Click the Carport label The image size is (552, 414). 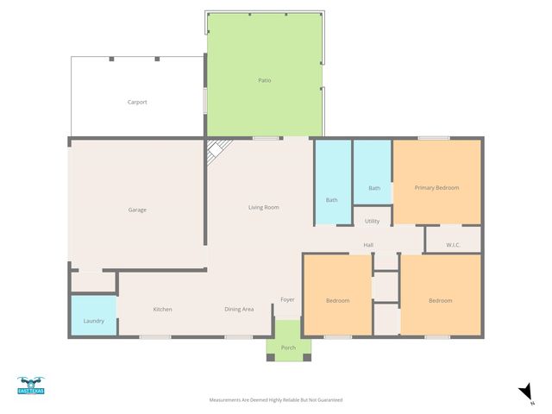(137, 102)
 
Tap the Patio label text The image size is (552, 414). (265, 80)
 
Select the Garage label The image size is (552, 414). (137, 210)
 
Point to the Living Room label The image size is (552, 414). (263, 207)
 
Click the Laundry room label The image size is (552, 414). (93, 321)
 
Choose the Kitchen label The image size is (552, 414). (163, 309)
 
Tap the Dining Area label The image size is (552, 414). (239, 309)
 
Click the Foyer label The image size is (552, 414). (287, 300)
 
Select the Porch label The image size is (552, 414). (288, 348)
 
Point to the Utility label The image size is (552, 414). (372, 221)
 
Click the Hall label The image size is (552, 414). (368, 246)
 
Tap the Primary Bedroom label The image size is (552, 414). (436, 187)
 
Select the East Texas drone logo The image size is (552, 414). (30, 386)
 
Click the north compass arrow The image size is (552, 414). (525, 392)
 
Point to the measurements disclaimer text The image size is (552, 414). (276, 400)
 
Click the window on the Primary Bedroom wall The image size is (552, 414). (434, 138)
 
